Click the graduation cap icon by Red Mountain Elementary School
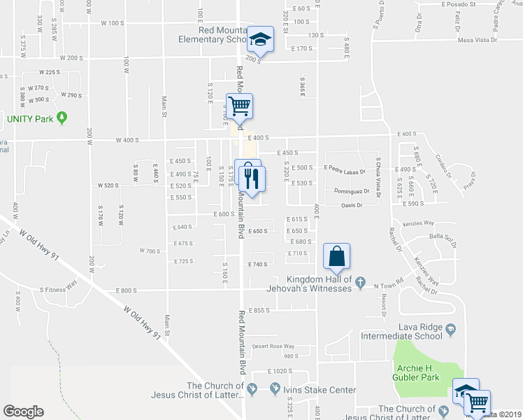tap(261, 41)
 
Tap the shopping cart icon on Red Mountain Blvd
tap(239, 106)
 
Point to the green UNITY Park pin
tap(62, 118)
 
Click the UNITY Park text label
tap(30, 119)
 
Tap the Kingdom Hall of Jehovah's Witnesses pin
tap(360, 282)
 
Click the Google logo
tap(23, 411)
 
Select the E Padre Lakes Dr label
tap(344, 168)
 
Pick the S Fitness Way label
tap(58, 287)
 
